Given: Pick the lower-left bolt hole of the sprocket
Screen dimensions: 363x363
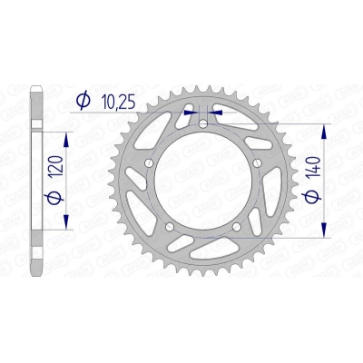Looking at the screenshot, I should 170,226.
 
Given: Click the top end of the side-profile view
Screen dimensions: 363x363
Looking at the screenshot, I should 37,88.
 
